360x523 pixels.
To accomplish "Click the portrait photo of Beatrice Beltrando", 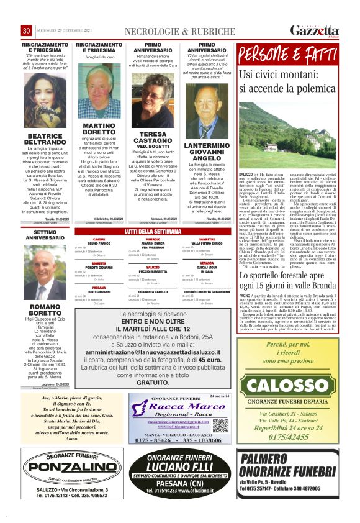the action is [x=45, y=102].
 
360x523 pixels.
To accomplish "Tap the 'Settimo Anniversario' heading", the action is [x=45, y=235].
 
